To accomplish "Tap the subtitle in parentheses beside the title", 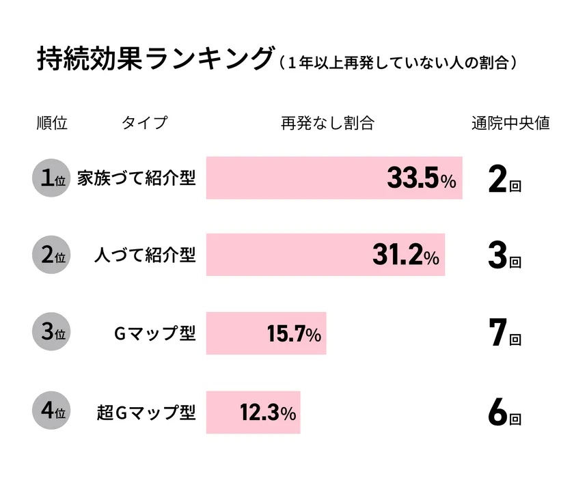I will click(x=398, y=63).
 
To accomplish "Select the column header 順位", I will click(x=52, y=124).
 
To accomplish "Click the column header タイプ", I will click(x=144, y=124).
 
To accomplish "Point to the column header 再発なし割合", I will click(x=327, y=124).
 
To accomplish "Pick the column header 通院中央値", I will click(x=510, y=124).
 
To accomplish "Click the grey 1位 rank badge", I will click(x=52, y=178).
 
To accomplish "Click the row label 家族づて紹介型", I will click(x=136, y=178).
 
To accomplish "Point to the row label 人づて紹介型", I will click(x=144, y=255).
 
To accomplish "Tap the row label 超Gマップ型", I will click(x=146, y=412).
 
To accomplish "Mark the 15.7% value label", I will click(x=293, y=334).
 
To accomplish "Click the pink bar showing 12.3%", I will click(x=253, y=412).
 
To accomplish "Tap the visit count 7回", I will click(x=505, y=334).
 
